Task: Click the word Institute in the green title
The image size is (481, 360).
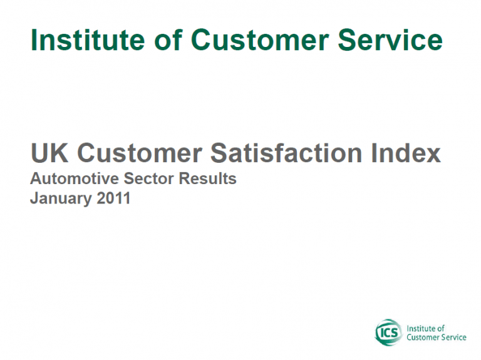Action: pyautogui.click(x=88, y=39)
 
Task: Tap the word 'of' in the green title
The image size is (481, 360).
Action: pyautogui.click(x=168, y=39)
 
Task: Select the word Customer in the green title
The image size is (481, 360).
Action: pyautogui.click(x=260, y=40)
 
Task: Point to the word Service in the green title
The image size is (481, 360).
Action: pyautogui.click(x=390, y=40)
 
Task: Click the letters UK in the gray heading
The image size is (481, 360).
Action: pyautogui.click(x=49, y=153)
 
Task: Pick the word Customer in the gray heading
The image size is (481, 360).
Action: pyautogui.click(x=140, y=153)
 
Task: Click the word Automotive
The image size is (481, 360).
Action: pyautogui.click(x=75, y=178)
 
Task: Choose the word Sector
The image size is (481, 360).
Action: pyautogui.click(x=148, y=178)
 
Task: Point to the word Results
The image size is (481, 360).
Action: pyautogui.click(x=207, y=178)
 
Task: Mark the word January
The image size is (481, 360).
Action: pyautogui.click(x=61, y=198)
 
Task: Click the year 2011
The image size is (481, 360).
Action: pyautogui.click(x=113, y=198)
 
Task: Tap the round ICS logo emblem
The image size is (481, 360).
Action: pyautogui.click(x=388, y=332)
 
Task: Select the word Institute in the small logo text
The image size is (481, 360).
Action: pyautogui.click(x=422, y=329)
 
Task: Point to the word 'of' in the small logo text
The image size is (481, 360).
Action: pyautogui.click(x=441, y=329)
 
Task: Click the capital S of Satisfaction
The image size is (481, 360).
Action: pyautogui.click(x=219, y=153)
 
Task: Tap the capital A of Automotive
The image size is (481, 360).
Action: pyautogui.click(x=36, y=178)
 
